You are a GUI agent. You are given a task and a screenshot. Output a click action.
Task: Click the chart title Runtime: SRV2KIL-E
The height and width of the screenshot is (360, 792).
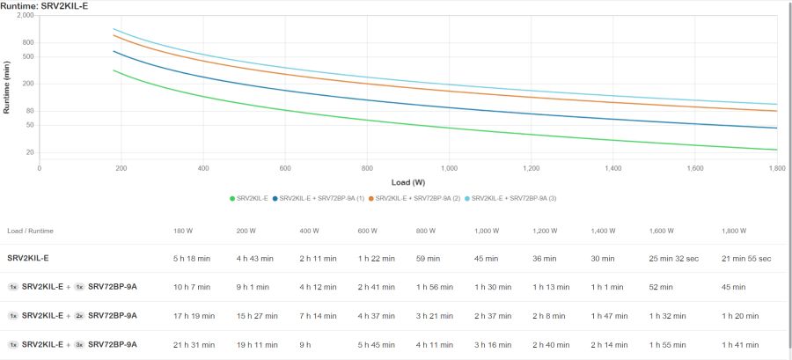45,5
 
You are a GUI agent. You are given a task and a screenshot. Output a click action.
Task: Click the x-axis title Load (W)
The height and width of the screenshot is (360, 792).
408,182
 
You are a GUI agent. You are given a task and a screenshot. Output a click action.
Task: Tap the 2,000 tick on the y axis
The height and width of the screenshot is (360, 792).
25,16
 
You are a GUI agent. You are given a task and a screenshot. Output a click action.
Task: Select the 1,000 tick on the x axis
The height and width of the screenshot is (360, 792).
449,167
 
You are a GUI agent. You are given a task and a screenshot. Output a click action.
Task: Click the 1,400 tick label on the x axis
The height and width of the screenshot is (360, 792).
612,167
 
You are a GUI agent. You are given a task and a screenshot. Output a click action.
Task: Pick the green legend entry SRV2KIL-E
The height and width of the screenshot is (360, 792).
250,198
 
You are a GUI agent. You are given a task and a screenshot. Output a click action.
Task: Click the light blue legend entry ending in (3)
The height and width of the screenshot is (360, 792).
511,198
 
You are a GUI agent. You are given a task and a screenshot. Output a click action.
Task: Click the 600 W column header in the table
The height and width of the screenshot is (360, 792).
368,231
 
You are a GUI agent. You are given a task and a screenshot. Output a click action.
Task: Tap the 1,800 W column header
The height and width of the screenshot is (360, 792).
734,231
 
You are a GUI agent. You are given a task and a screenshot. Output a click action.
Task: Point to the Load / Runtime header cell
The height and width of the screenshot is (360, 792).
30,231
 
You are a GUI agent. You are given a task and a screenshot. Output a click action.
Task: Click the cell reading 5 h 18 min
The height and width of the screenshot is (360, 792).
193,258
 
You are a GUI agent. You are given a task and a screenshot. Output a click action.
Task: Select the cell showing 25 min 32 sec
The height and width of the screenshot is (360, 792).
674,258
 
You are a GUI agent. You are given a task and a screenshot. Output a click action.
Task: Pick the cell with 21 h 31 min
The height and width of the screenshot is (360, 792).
195,344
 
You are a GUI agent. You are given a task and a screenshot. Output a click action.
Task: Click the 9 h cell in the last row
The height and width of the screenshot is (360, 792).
306,344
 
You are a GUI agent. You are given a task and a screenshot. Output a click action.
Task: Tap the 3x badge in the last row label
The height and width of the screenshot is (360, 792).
79,344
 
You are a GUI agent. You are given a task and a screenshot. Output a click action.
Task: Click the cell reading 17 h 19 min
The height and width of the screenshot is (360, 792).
195,315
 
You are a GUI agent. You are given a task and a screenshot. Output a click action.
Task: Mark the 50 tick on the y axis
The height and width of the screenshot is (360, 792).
29,125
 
